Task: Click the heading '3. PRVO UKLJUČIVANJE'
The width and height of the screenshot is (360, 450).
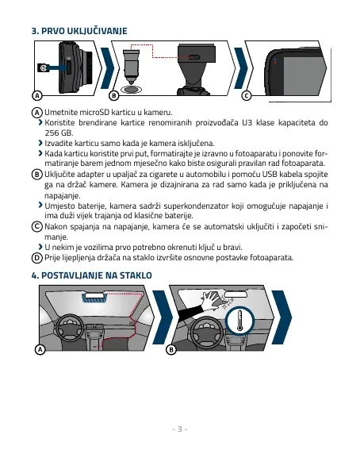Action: point(79,31)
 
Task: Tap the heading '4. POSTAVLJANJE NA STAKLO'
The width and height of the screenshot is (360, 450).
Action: point(92,275)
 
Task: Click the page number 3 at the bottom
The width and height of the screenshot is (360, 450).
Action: point(180,429)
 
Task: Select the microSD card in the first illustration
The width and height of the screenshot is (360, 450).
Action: point(44,67)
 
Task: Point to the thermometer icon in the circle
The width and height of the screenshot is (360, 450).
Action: point(240,321)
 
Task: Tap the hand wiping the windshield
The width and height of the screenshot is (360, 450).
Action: point(211,301)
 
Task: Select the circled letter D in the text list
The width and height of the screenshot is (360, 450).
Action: point(36,258)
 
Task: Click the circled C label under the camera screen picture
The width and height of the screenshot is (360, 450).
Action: point(247,95)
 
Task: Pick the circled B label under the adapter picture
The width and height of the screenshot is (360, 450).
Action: point(114,95)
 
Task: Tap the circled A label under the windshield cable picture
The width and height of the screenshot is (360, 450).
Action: point(40,349)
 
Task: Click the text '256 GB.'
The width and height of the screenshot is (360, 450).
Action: point(59,133)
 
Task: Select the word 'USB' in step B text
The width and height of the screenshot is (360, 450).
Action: point(270,174)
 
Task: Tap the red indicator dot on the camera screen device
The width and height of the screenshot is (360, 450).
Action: point(275,63)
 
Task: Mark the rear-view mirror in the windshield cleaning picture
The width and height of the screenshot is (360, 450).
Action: point(236,294)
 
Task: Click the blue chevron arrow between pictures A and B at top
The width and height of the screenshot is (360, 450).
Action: point(108,68)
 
